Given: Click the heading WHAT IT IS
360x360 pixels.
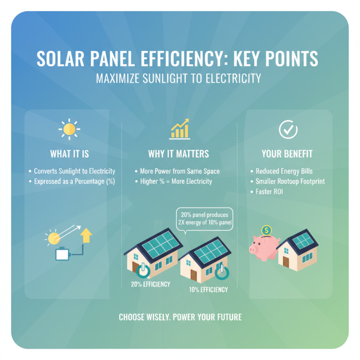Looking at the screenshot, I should pos(69,154).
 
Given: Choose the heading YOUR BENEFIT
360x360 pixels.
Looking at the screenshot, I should pos(287,154).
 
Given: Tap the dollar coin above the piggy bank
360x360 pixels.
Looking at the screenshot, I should pos(266,230).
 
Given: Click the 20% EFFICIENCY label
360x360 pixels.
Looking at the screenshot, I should pos(150,284).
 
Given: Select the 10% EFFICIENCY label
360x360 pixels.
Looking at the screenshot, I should pos(209,289).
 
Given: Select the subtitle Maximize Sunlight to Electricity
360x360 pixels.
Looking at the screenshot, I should pos(179,78).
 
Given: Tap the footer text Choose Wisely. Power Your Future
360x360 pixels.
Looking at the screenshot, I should pos(180,317).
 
